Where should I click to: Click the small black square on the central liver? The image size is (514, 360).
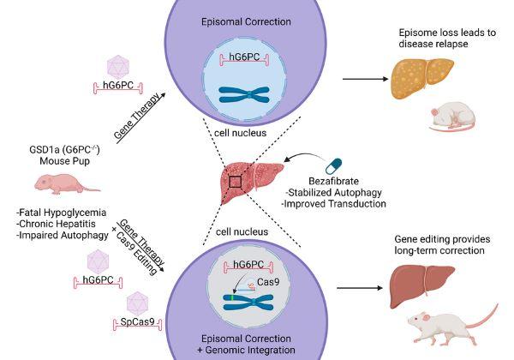(x=236, y=181)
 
